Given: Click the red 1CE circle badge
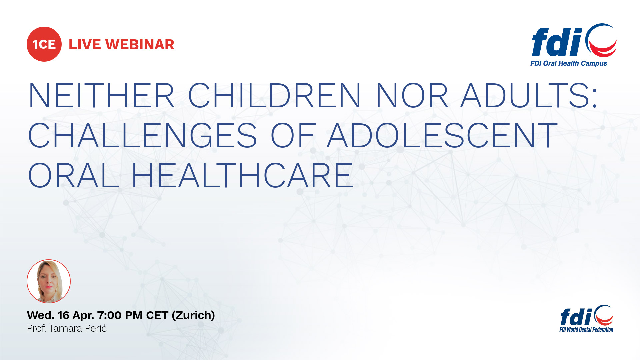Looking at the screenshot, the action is pyautogui.click(x=44, y=44).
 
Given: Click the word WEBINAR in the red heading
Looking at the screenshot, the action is pyautogui.click(x=140, y=45).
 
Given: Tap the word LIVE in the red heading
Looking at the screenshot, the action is pyautogui.click(x=85, y=45).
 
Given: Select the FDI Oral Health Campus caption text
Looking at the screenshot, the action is pyautogui.click(x=569, y=63).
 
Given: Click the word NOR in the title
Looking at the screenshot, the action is pyautogui.click(x=412, y=96).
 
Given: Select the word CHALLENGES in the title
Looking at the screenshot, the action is pyautogui.click(x=143, y=135).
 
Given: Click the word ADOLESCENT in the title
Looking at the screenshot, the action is pyautogui.click(x=442, y=135).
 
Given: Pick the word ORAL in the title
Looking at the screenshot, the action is pyautogui.click(x=74, y=175).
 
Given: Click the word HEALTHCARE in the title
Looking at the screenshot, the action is pyautogui.click(x=243, y=175).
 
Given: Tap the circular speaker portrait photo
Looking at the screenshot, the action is pyautogui.click(x=49, y=281).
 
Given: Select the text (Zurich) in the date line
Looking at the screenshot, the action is pyautogui.click(x=193, y=315).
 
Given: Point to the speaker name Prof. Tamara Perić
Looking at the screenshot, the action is pyautogui.click(x=67, y=329).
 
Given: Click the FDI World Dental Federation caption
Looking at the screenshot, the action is pyautogui.click(x=586, y=330).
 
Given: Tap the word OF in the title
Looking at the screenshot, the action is pyautogui.click(x=293, y=135).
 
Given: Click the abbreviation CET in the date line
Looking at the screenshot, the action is pyautogui.click(x=157, y=315).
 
